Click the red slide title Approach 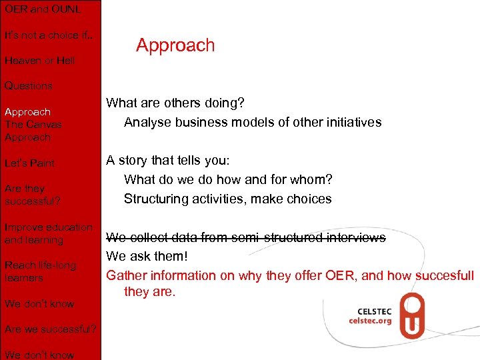pyautogui.click(x=175, y=45)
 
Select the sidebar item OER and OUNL pyautogui.click(x=43, y=9)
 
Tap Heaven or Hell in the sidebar pyautogui.click(x=39, y=60)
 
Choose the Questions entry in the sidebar pyautogui.click(x=28, y=85)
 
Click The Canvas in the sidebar pyautogui.click(x=33, y=124)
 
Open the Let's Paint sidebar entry pyautogui.click(x=30, y=163)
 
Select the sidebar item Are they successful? pyautogui.click(x=33, y=194)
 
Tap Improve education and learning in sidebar pyautogui.click(x=48, y=233)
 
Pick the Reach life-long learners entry pyautogui.click(x=40, y=271)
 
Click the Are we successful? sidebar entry pyautogui.click(x=51, y=329)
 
